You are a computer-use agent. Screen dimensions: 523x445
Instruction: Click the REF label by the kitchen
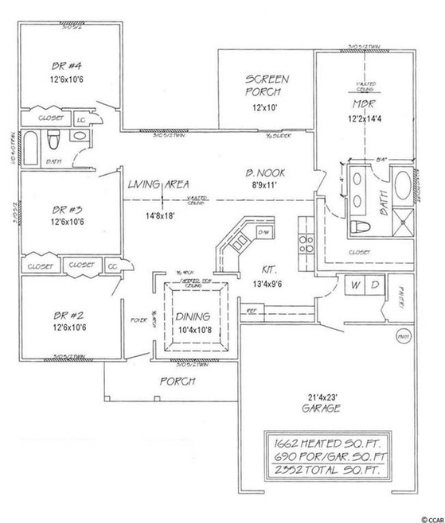pos(250,312)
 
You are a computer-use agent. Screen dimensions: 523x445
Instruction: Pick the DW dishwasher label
pos(263,231)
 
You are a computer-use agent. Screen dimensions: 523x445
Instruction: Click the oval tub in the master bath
pos(404,188)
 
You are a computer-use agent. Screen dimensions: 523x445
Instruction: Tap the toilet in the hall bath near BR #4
pos(54,143)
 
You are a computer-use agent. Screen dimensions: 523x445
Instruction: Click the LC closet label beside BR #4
pos(80,118)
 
